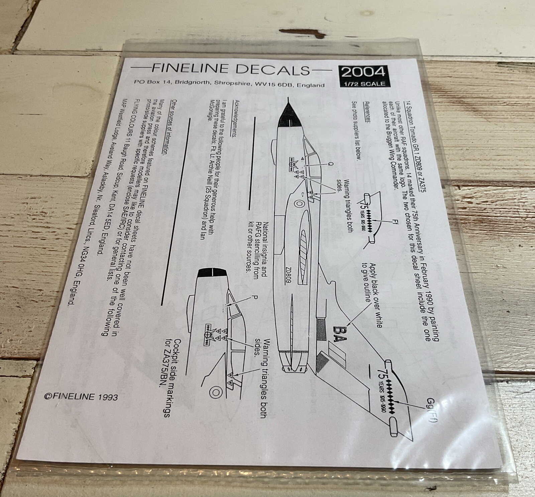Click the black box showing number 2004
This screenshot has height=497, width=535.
pos(363,72)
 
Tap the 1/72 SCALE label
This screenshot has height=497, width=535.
pos(363,84)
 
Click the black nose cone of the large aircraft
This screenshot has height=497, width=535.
pos(288,116)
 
